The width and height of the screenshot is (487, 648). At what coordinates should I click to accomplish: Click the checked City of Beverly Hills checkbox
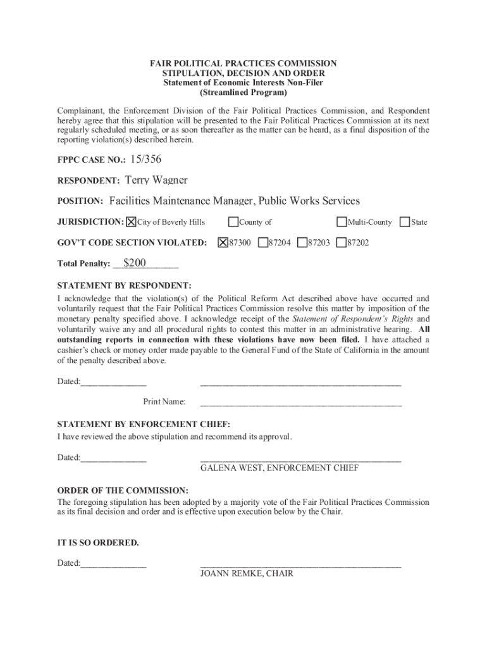131,222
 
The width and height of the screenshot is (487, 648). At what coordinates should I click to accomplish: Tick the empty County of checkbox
233,222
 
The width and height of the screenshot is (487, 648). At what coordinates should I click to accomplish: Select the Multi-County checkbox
342,222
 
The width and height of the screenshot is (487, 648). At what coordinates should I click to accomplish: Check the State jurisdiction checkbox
405,222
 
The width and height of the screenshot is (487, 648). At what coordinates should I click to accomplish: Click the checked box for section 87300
223,242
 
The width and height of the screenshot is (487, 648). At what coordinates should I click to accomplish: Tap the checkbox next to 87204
262,242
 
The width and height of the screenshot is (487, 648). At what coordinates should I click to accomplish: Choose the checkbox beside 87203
302,242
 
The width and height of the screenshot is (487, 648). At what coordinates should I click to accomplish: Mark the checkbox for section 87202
342,242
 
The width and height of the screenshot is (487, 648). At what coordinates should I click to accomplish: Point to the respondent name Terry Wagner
156,180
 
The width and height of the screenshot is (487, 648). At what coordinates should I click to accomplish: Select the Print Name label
164,402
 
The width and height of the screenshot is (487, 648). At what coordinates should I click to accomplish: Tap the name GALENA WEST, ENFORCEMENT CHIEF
280,468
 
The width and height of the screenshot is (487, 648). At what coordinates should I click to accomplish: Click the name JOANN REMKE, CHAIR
247,574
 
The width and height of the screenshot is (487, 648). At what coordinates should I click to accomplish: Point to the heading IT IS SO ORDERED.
98,543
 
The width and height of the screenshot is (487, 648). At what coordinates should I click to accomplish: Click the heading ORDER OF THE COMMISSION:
123,490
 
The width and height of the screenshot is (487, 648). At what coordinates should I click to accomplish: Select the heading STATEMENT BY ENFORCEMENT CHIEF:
144,424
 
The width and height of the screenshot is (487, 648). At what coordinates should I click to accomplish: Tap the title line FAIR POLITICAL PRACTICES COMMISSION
243,64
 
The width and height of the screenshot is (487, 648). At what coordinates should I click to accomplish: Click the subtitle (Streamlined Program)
243,92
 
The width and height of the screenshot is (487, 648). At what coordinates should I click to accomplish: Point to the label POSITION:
80,201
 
